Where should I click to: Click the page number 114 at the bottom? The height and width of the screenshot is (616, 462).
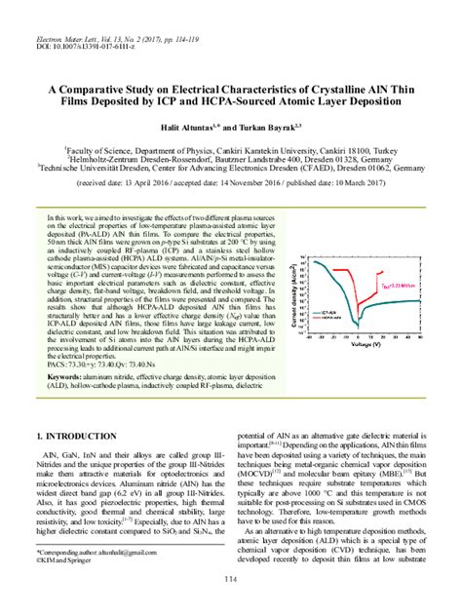[231, 581]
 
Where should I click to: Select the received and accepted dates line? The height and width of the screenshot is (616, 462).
[230, 182]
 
